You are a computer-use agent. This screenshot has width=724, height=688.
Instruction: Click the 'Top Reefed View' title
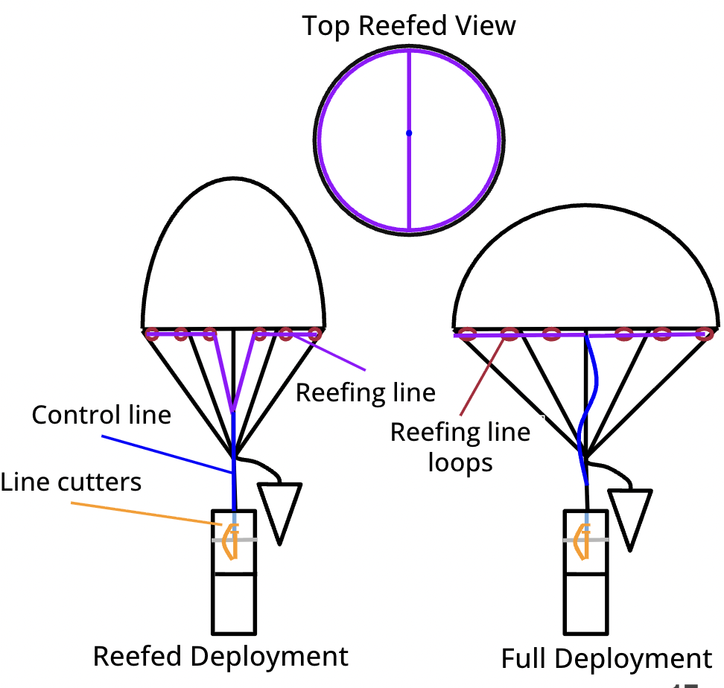tap(408, 26)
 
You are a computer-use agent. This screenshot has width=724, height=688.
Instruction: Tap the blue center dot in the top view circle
tap(409, 133)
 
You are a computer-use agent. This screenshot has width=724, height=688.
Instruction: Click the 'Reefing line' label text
tap(365, 392)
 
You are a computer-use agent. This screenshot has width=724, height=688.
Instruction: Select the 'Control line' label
tap(101, 415)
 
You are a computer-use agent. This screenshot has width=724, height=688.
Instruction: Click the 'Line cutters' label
tap(71, 482)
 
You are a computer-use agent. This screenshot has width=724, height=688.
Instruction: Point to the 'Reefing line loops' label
tap(460, 447)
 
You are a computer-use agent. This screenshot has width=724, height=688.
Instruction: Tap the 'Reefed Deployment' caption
tap(220, 657)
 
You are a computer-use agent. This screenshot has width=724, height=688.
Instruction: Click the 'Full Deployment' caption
tap(606, 659)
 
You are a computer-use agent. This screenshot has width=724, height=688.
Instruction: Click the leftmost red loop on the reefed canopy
tap(152, 334)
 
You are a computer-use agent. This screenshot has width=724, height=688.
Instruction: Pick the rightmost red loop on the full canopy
tap(703, 334)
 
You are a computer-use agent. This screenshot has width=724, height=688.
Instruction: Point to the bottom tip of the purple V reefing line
tap(233, 410)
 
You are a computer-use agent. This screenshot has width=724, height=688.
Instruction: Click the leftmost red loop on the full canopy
tap(467, 334)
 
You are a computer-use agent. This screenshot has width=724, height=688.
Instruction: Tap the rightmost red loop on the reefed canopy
tap(314, 333)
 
